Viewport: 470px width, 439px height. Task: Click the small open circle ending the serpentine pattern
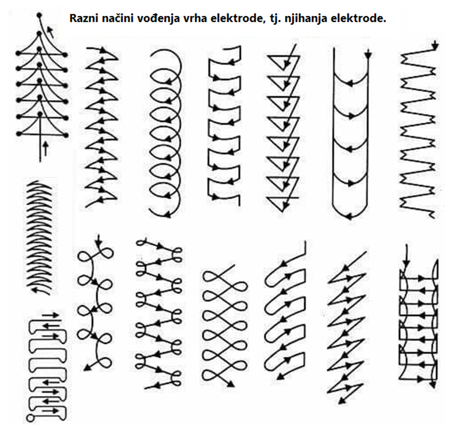(30, 418)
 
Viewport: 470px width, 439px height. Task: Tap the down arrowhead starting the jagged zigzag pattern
(435, 45)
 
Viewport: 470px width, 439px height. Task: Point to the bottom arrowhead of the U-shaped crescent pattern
(349, 216)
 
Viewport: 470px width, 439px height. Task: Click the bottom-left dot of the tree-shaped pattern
(18, 133)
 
